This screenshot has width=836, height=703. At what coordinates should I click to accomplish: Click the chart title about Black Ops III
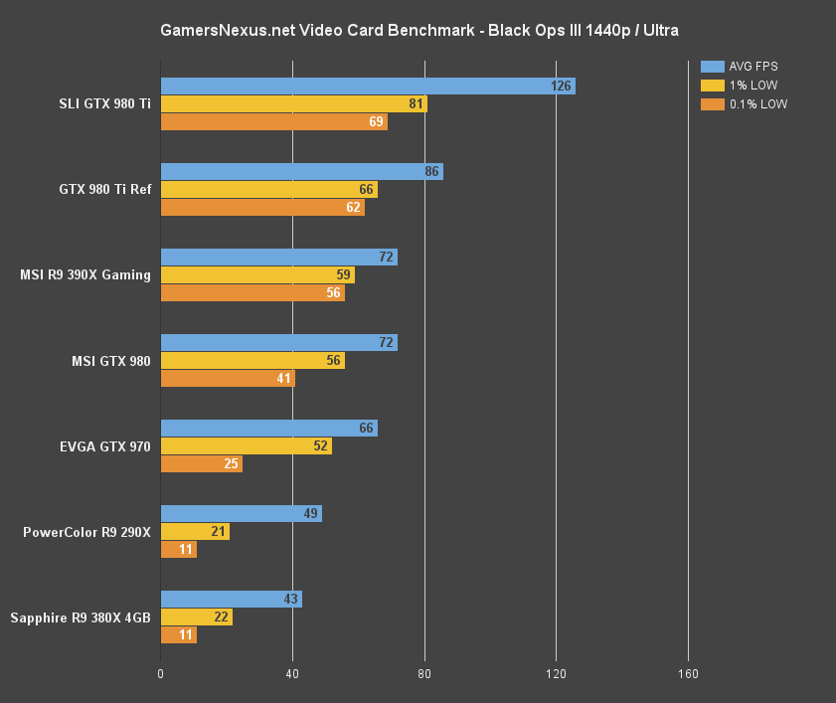(418, 31)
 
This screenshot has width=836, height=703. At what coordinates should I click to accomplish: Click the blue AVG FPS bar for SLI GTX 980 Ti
(367, 87)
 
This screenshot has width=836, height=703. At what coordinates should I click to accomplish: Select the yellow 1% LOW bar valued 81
(293, 103)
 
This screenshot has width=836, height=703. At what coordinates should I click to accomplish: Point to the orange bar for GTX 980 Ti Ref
(262, 208)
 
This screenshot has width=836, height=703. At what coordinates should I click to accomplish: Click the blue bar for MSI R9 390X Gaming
(278, 258)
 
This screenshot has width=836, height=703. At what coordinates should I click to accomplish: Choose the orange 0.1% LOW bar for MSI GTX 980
(228, 379)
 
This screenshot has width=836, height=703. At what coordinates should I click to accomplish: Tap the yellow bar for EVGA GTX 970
(246, 446)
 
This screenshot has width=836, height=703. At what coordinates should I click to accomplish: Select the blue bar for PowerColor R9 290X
(241, 514)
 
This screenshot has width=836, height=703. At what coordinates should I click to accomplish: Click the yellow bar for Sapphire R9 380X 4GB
(196, 617)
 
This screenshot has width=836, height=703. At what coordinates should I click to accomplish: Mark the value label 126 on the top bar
(561, 87)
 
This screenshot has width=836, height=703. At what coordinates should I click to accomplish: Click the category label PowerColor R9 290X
(86, 532)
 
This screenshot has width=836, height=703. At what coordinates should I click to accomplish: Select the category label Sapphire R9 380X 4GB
(81, 617)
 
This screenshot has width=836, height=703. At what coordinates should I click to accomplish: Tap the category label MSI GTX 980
(110, 361)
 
